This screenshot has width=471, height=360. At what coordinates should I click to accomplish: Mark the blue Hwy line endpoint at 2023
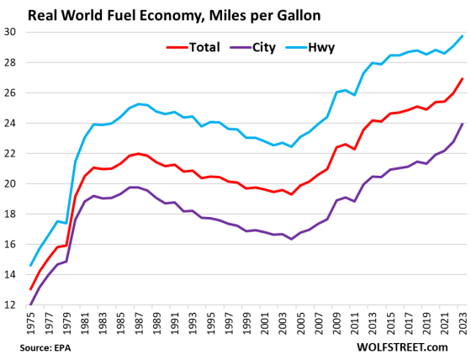[x=461, y=35]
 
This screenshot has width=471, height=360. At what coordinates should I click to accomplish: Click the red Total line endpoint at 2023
[x=461, y=79]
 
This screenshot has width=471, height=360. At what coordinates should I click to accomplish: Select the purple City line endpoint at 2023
[x=461, y=124]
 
